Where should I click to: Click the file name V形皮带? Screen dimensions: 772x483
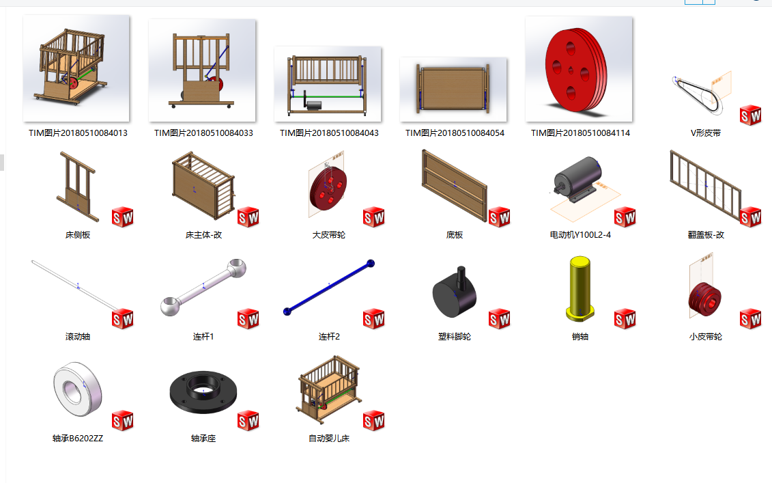pos(706,133)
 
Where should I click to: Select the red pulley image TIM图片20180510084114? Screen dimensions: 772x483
pos(579,69)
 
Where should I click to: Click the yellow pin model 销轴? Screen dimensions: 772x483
pos(580,289)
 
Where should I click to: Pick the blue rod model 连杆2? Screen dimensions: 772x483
pos(329,288)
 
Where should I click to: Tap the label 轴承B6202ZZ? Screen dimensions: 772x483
pos(78,439)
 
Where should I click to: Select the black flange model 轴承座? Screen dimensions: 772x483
pos(203,393)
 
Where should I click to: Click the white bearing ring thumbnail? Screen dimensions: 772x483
pos(78,389)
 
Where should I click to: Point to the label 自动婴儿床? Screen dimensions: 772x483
pos(329,439)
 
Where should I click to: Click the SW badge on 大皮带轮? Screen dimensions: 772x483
pos(373,217)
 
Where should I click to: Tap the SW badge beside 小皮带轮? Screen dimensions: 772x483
pos(750,319)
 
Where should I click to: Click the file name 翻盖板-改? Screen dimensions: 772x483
pos(706,235)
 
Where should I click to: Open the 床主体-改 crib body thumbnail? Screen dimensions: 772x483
pos(203,185)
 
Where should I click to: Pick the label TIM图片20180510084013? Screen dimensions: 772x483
pos(78,133)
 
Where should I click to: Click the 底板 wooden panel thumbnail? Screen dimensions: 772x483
pos(455,186)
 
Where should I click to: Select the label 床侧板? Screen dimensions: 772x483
pos(78,235)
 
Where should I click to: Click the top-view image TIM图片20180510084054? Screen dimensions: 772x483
pos(453,89)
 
